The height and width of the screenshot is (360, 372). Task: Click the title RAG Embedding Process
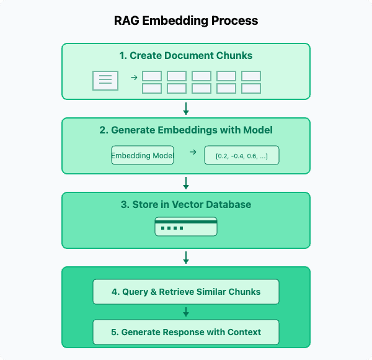point(186,20)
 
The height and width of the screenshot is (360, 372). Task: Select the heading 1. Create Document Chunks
point(186,56)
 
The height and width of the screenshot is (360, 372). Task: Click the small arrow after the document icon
point(134,78)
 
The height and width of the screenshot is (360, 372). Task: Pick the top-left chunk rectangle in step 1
point(152,76)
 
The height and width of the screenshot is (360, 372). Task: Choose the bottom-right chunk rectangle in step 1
point(251,88)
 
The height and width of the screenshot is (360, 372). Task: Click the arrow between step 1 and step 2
point(186,109)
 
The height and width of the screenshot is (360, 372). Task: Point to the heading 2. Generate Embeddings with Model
point(186,130)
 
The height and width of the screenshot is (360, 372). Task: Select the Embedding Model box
point(143,155)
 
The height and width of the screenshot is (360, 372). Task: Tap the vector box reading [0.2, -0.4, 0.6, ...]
point(242,155)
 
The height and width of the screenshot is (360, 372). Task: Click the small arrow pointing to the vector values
point(192,152)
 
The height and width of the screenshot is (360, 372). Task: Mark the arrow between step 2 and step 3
point(186,183)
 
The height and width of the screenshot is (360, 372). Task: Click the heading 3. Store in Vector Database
point(186,205)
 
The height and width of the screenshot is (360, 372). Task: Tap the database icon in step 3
point(186,227)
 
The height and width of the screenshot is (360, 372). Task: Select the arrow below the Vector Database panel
point(186,258)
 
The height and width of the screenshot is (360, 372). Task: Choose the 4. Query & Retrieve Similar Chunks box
point(186,292)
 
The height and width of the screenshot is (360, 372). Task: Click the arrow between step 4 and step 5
point(186,312)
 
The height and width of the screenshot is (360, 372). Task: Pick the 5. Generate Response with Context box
point(186,332)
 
